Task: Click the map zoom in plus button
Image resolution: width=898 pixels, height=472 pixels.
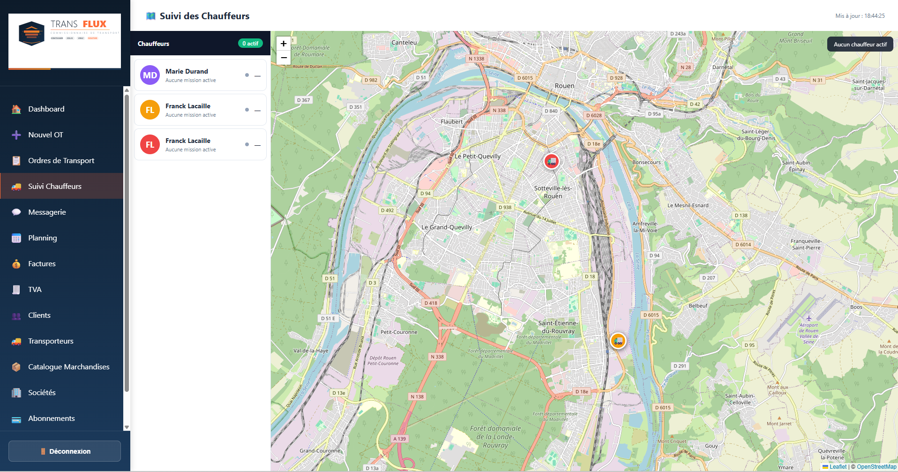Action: pos(284,44)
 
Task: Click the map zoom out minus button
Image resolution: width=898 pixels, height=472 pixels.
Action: pos(284,58)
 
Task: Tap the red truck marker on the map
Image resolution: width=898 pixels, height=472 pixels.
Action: pos(552,162)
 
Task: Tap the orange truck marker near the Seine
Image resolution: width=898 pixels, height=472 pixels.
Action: pos(618,341)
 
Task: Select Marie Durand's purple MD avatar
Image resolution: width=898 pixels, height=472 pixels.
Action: pos(150,75)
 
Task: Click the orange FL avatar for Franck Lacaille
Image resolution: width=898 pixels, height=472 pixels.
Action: pos(150,110)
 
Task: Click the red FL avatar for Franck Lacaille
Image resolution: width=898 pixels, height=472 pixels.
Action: pos(150,144)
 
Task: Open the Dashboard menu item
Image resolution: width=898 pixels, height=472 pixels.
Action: pos(46,109)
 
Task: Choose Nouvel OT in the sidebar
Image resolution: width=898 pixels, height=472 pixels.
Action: pos(45,135)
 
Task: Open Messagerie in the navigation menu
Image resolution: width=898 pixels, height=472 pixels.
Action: pos(47,212)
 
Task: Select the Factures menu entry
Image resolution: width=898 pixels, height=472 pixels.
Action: pos(42,264)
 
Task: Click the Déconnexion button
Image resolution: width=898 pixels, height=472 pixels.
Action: pos(65,451)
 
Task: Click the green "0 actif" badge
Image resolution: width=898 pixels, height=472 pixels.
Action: pos(250,44)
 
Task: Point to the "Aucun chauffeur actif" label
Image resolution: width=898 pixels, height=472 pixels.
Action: pos(860,45)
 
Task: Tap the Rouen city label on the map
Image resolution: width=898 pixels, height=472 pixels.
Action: pos(564,86)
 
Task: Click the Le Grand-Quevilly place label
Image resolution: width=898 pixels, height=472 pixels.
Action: pos(447,227)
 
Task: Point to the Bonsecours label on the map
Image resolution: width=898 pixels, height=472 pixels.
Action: pos(646,163)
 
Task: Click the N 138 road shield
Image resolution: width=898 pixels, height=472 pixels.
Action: pos(417,397)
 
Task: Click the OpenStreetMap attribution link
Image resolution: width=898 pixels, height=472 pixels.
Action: pos(876,467)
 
